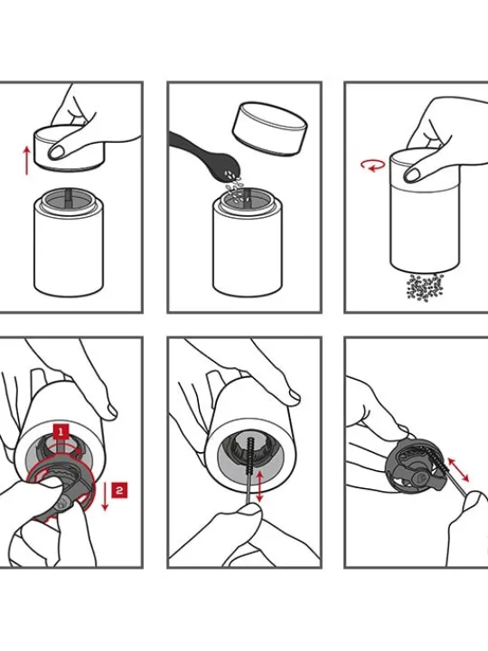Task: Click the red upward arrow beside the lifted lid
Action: pos(26,160)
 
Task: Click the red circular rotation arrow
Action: pos(372,165)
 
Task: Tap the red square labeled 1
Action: pos(61,432)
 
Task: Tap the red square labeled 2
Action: pos(119,490)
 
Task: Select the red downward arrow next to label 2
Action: pos(105,495)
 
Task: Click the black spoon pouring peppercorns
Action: pos(203,155)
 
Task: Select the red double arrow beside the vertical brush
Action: pos(259,486)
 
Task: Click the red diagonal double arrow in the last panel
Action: pos(458,470)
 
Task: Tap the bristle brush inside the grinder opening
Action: pos(250,458)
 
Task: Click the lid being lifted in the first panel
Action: pos(69,147)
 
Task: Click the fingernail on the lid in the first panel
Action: pos(56,153)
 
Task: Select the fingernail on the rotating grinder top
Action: pos(412,174)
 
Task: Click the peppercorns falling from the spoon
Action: pos(235,187)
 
